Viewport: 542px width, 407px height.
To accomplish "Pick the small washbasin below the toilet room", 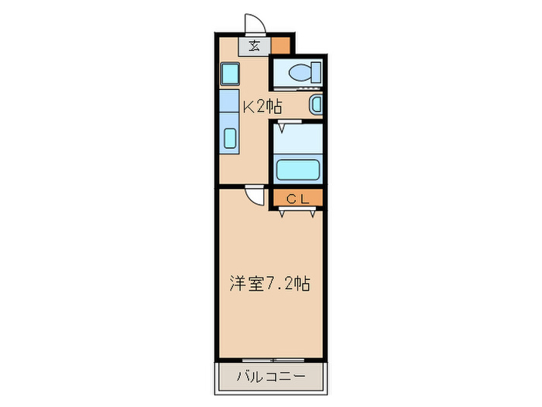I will (315, 105).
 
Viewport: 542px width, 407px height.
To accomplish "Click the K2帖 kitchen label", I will (262, 106).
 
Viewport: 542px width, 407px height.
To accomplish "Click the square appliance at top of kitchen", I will (230, 75).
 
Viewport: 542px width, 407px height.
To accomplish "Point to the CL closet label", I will (297, 198).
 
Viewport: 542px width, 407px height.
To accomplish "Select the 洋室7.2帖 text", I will (269, 284).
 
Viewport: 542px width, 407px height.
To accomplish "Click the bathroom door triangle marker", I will (283, 127).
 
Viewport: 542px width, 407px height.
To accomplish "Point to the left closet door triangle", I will (283, 214).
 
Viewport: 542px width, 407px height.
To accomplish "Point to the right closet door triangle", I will (314, 214).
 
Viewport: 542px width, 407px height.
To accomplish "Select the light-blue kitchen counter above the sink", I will (229, 102).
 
